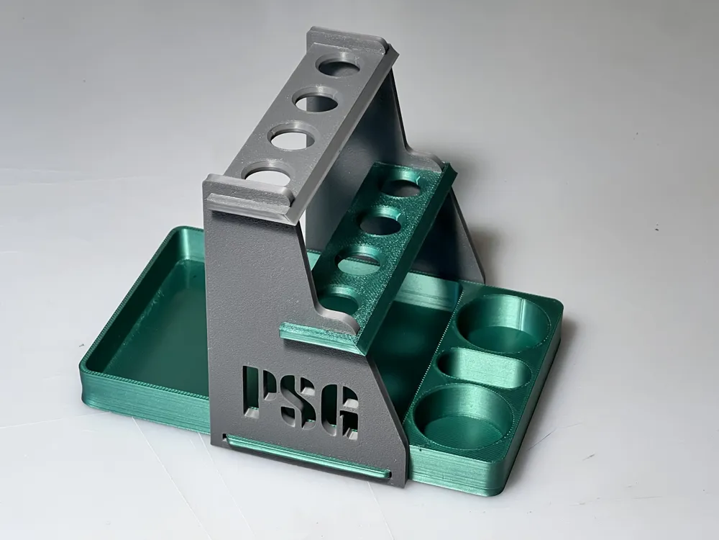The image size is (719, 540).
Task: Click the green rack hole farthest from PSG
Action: pos(402,187)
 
